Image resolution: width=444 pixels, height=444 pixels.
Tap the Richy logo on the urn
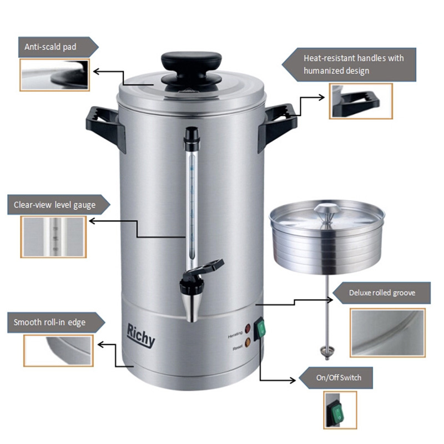click(x=141, y=335)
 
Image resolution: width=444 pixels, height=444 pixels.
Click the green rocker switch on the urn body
click(x=260, y=329)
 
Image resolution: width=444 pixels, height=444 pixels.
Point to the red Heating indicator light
click(x=248, y=329)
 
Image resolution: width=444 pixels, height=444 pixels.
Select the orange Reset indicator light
click(x=248, y=342)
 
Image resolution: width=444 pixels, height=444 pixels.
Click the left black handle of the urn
click(x=105, y=127)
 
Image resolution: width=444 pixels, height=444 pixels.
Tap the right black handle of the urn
click(x=277, y=126)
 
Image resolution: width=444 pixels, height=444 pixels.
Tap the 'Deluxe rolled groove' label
click(x=381, y=293)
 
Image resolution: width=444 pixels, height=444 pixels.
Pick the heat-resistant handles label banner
click(x=349, y=64)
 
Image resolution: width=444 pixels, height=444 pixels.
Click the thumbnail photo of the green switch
click(x=340, y=410)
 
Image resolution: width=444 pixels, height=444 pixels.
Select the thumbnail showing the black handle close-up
click(x=361, y=101)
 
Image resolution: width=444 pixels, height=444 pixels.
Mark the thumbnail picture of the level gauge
click(x=53, y=237)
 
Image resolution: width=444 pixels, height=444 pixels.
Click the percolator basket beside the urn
click(x=327, y=238)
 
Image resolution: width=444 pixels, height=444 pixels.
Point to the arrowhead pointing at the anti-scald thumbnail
click(x=96, y=72)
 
